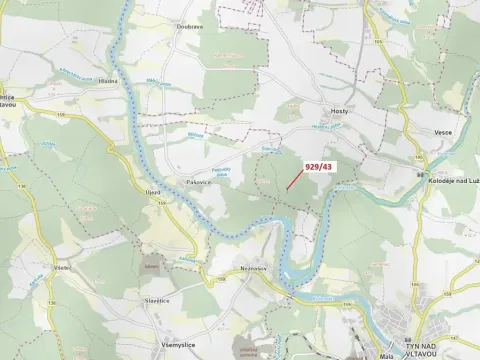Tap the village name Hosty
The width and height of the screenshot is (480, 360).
(338, 112)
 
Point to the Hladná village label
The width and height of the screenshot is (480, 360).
(109, 80)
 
